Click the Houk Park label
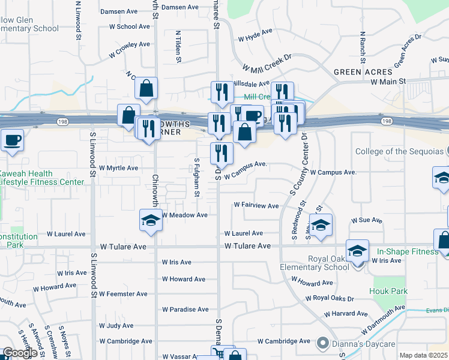pyautogui.click(x=390, y=292)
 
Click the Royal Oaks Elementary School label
pyautogui.click(x=315, y=263)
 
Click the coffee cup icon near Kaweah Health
pyautogui.click(x=12, y=141)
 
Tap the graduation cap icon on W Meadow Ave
pyautogui.click(x=150, y=220)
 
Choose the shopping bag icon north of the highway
pyautogui.click(x=146, y=89)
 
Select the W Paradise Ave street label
pyautogui.click(x=185, y=310)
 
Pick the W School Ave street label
pyautogui.click(x=129, y=26)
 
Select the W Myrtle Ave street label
pyautogui.click(x=118, y=168)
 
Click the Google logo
pyautogui.click(x=20, y=353)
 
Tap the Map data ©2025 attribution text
pyautogui.click(x=424, y=355)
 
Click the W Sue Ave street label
pyautogui.click(x=367, y=221)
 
